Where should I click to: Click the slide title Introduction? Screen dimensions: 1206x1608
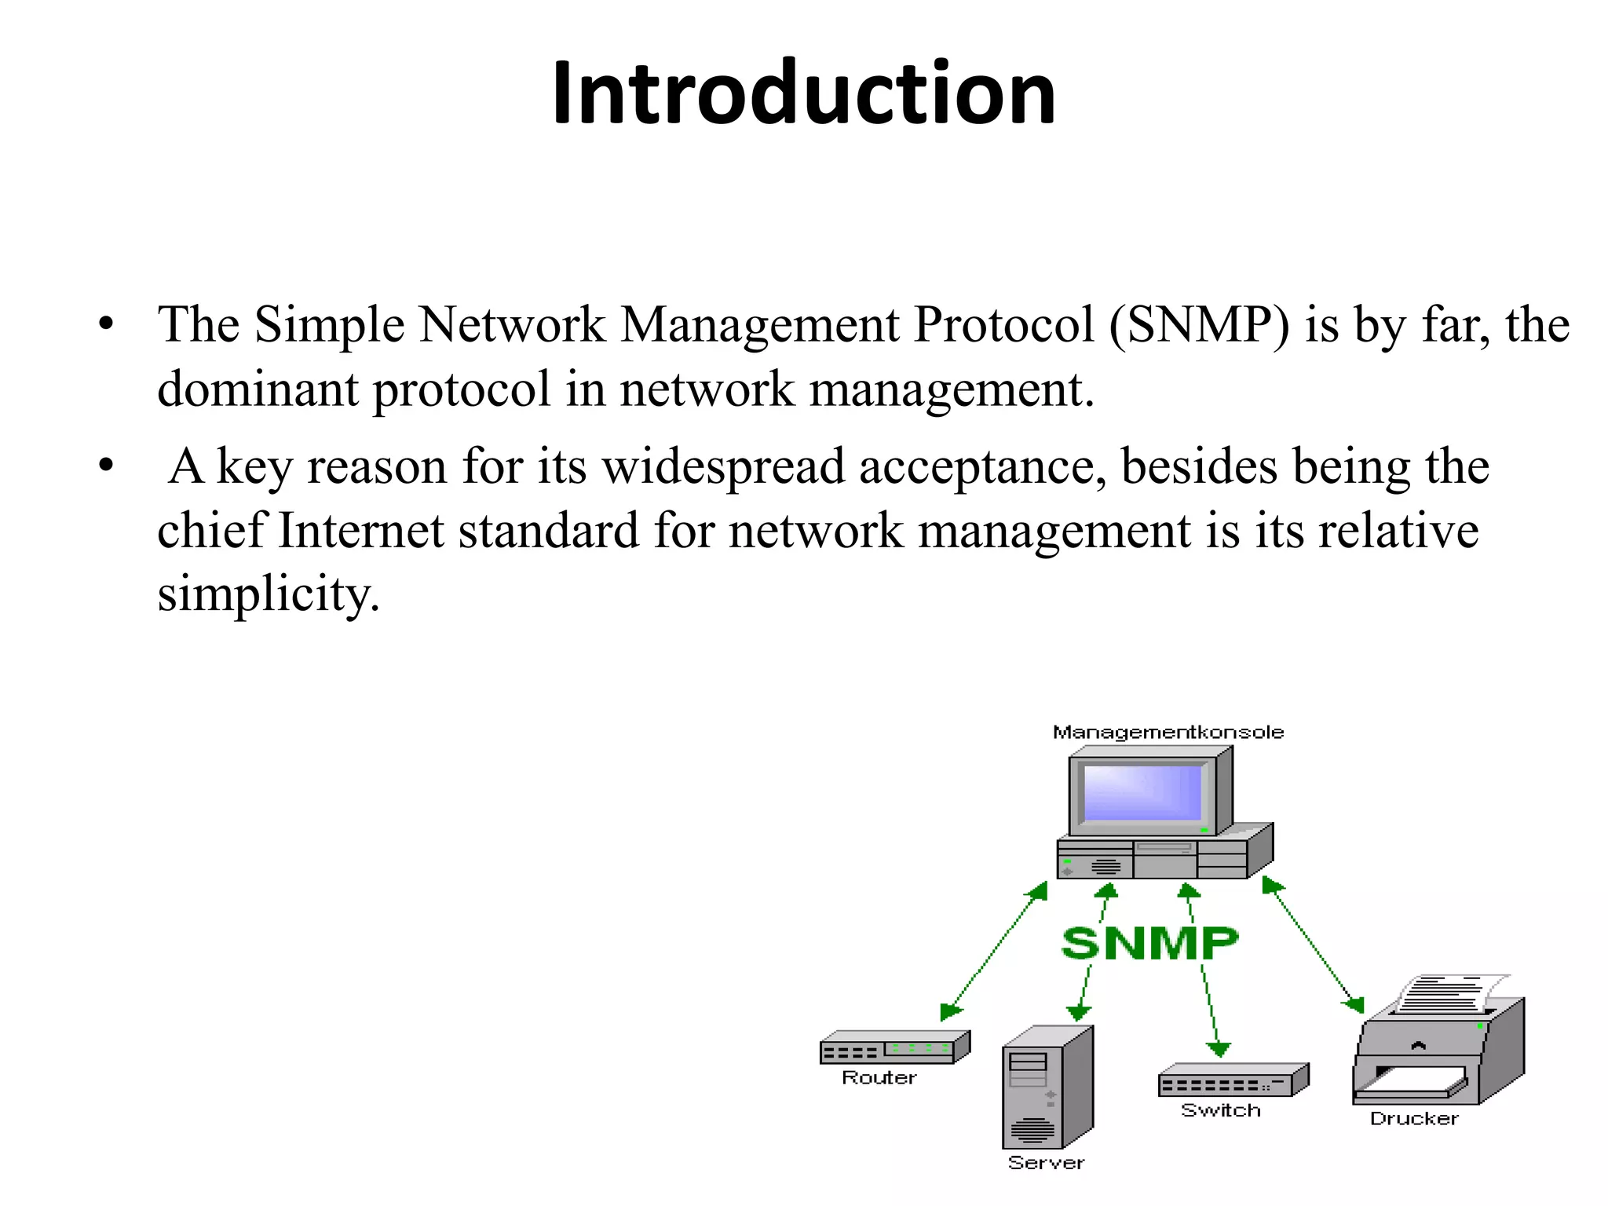click(803, 93)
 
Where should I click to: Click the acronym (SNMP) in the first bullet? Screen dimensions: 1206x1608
click(1199, 324)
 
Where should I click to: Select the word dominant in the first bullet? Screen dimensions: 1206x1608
click(258, 389)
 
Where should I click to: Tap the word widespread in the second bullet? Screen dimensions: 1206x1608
click(723, 466)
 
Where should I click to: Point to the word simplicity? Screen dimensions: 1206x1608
click(268, 594)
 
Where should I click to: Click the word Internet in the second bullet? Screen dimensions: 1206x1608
click(361, 530)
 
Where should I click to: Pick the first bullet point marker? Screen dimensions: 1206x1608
click(107, 324)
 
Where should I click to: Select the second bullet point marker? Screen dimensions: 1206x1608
click(107, 466)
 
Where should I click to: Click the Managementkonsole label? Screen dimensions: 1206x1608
click(1168, 733)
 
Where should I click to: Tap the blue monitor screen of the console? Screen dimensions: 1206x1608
click(1142, 793)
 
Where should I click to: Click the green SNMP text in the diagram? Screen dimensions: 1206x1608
click(1149, 943)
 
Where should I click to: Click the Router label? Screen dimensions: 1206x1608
click(879, 1078)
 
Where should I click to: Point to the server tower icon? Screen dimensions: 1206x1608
click(1047, 1087)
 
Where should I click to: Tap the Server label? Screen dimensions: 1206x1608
click(1046, 1163)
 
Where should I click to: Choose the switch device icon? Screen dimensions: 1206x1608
click(1232, 1081)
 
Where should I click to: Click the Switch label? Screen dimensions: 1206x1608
click(1220, 1110)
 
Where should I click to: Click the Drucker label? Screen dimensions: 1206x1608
click(1413, 1119)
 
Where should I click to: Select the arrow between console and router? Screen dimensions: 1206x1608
click(994, 951)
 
